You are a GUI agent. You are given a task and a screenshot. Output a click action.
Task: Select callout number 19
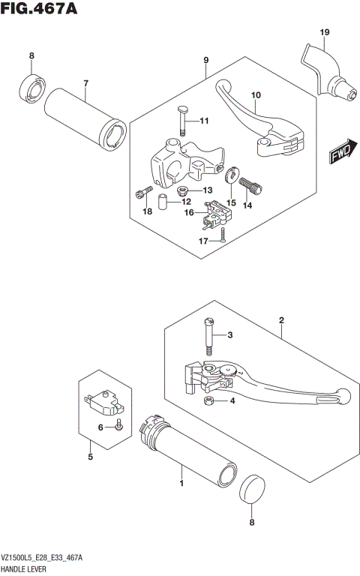pos(324,31)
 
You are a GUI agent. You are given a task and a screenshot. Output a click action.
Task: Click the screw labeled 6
pos(119,427)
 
